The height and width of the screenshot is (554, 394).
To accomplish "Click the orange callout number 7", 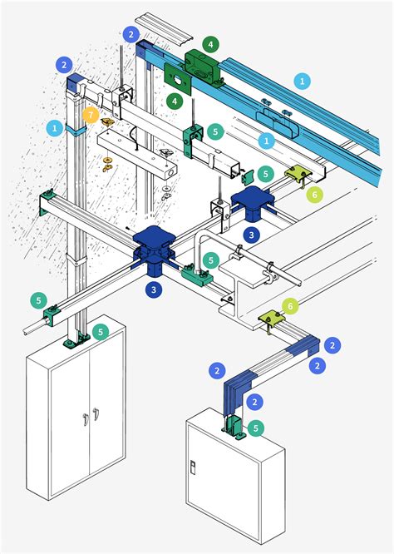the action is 91,116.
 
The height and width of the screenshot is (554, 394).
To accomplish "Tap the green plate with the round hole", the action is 178,79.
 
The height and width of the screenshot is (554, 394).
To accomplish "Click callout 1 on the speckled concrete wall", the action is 55,128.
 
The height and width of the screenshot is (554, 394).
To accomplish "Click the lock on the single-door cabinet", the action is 193,467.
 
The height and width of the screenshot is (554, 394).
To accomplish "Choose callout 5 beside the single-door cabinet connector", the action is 256,428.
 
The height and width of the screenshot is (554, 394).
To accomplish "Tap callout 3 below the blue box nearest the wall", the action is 154,289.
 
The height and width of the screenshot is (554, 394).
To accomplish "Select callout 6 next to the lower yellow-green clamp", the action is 290,306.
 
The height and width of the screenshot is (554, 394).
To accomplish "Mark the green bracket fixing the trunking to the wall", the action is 46,203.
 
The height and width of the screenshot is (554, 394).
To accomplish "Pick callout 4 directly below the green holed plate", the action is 175,101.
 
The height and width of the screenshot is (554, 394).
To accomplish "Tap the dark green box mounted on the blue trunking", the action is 202,67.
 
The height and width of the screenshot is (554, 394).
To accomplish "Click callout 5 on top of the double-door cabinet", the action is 101,332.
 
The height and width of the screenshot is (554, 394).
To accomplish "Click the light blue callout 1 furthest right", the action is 302,81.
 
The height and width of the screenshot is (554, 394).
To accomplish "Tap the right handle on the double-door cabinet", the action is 96,414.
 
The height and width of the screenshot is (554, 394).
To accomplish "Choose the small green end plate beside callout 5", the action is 249,176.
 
